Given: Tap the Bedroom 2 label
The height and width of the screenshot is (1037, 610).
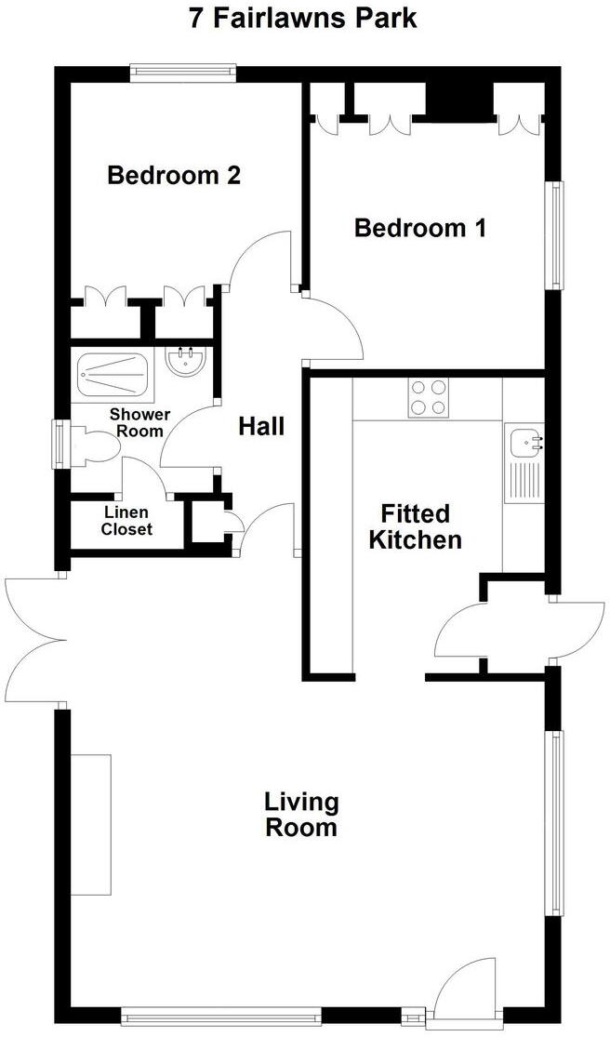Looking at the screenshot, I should [174, 175].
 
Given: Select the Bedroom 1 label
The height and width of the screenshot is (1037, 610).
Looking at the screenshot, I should [420, 228].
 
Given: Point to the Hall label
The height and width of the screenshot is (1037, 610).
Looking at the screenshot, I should [261, 427].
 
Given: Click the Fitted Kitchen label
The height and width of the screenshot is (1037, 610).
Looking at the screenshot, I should [416, 526].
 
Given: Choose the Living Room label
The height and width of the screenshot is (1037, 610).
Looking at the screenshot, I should [301, 814].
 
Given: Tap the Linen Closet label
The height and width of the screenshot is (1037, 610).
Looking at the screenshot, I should [126, 521].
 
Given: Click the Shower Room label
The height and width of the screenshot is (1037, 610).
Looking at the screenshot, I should [139, 422].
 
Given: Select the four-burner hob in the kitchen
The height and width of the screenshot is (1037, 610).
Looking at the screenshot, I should [428, 397].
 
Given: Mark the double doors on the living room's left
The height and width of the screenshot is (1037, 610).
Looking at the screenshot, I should [35, 640].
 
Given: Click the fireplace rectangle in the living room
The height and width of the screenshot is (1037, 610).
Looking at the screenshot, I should [90, 825].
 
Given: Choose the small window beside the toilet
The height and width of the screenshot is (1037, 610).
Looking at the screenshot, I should [59, 444].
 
